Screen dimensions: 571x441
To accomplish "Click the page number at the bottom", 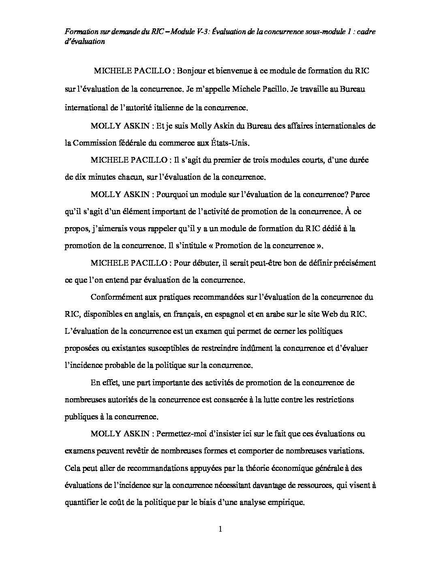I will [x=220, y=529].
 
